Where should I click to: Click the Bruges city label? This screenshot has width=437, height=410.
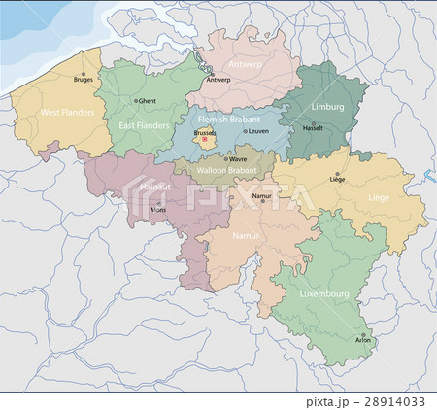pyautogui.click(x=83, y=81)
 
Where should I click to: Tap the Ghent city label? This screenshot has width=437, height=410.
pyautogui.click(x=148, y=100)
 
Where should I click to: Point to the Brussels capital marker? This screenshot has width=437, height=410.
pyautogui.click(x=204, y=139)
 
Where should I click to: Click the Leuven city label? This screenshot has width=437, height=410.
pyautogui.click(x=257, y=130)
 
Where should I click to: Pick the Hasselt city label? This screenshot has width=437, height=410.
pyautogui.click(x=313, y=128)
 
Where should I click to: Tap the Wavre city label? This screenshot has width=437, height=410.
pyautogui.click(x=238, y=159)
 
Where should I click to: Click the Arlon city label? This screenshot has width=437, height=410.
pyautogui.click(x=363, y=341)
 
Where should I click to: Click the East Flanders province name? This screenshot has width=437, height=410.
pyautogui.click(x=141, y=125)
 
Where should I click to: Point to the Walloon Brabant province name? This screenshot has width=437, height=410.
pyautogui.click(x=224, y=170)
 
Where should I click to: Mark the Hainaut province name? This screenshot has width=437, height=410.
pyautogui.click(x=155, y=185)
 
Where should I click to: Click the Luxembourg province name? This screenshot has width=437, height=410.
pyautogui.click(x=323, y=292)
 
